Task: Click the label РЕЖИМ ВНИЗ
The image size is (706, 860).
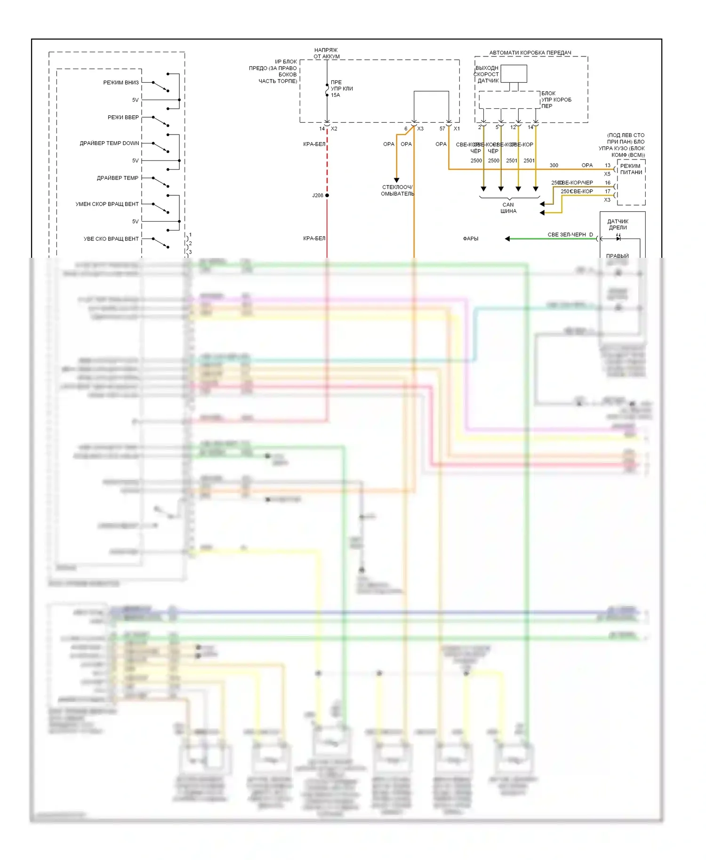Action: (121, 83)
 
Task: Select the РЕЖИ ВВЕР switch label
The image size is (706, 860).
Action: (123, 118)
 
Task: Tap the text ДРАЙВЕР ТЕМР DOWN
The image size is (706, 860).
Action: (109, 143)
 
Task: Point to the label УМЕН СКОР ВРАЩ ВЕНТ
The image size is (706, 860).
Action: (107, 204)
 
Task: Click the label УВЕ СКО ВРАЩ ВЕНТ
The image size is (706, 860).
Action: (111, 239)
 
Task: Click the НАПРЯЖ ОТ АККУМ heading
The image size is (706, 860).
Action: (326, 53)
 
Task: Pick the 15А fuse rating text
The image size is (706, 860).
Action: (335, 96)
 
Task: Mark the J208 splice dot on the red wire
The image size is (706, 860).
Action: (327, 195)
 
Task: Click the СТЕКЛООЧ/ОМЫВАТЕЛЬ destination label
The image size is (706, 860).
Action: (397, 191)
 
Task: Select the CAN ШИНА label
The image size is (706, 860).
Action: (508, 208)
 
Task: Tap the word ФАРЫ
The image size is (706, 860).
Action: (470, 239)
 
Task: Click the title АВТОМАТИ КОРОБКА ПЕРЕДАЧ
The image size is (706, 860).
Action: (530, 53)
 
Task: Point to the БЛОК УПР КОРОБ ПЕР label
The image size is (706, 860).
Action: (556, 100)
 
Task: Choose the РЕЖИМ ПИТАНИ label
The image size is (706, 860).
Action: (631, 169)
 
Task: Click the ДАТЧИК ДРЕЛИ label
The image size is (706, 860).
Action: (618, 224)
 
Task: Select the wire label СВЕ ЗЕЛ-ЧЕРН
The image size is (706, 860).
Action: (566, 235)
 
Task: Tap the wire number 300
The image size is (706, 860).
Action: (554, 166)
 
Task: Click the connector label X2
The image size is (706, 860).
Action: (334, 129)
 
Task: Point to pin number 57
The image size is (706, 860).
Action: (442, 129)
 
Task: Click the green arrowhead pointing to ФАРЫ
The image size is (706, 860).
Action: (507, 239)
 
